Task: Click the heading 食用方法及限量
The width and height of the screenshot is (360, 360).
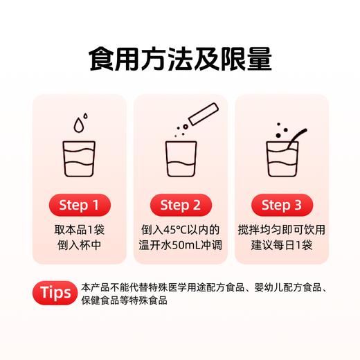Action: (180, 60)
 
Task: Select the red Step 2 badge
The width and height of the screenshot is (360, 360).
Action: (180, 206)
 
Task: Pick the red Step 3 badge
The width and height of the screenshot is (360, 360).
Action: (282, 206)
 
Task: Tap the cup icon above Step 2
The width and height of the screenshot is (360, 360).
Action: (180, 161)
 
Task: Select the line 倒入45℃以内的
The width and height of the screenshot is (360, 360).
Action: (180, 230)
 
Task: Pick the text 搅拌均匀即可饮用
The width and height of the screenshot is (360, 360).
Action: (282, 230)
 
